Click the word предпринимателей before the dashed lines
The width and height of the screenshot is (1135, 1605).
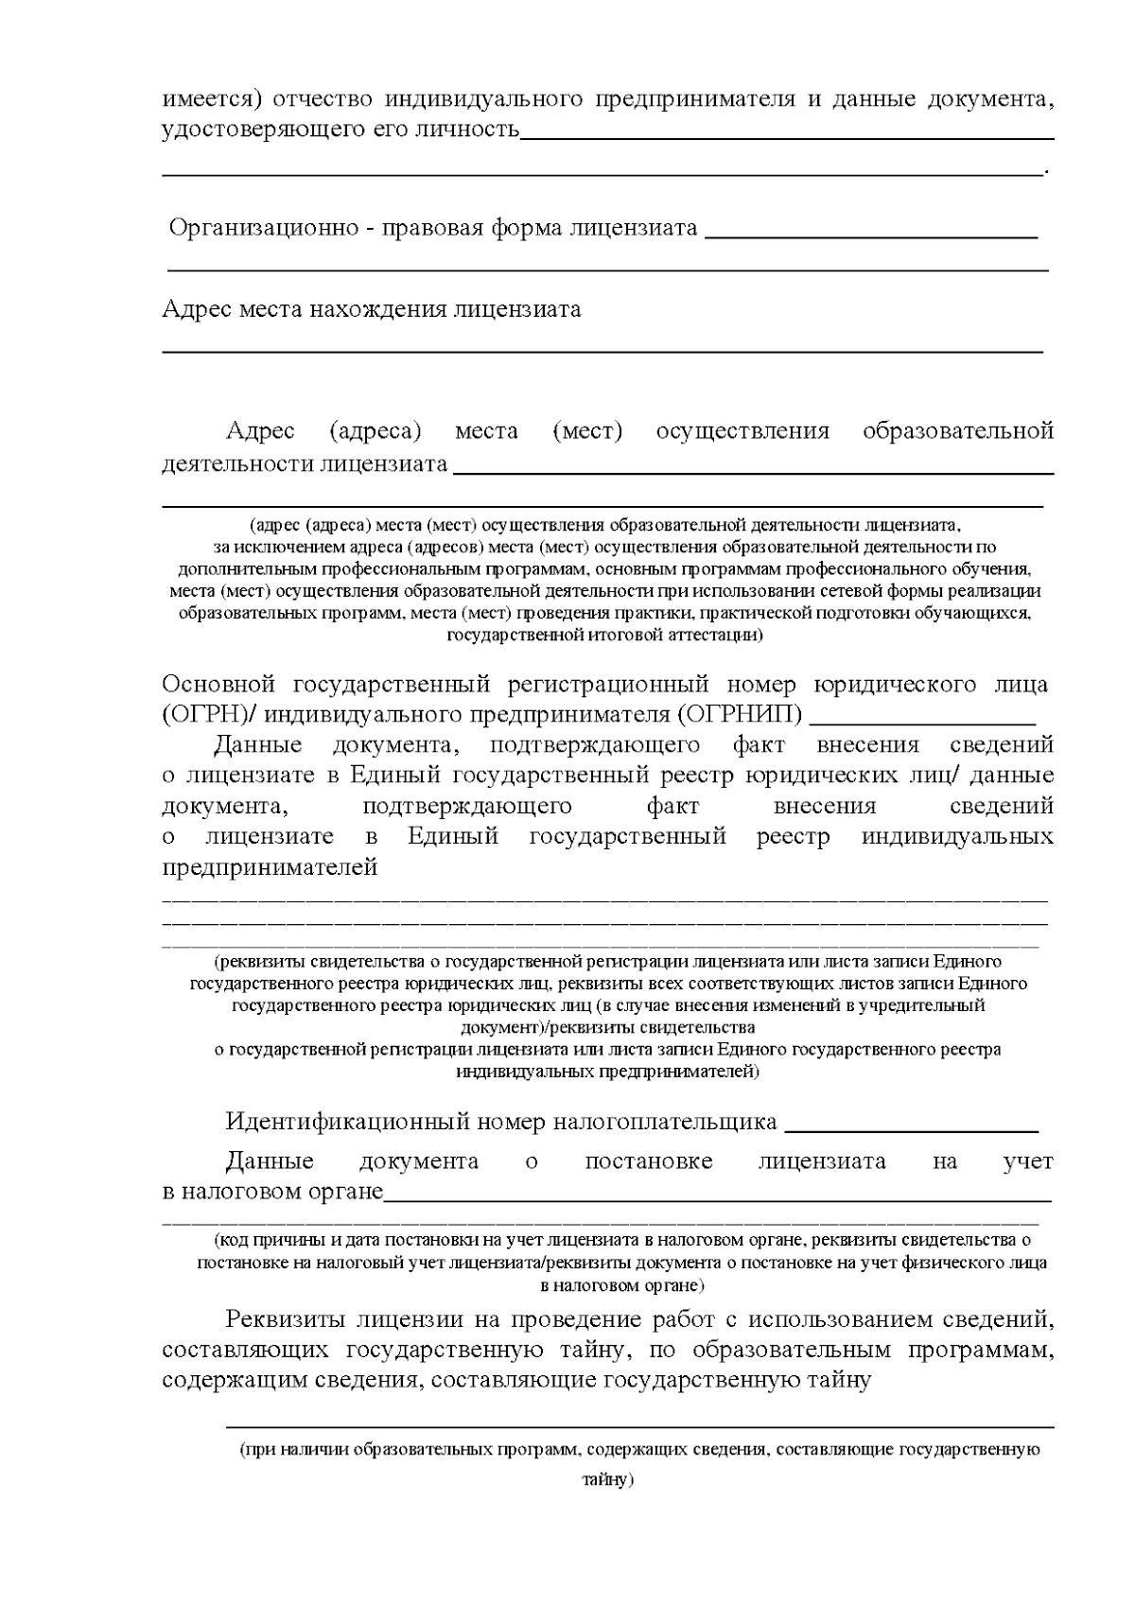[271, 867]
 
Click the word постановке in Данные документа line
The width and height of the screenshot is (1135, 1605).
[649, 1161]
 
